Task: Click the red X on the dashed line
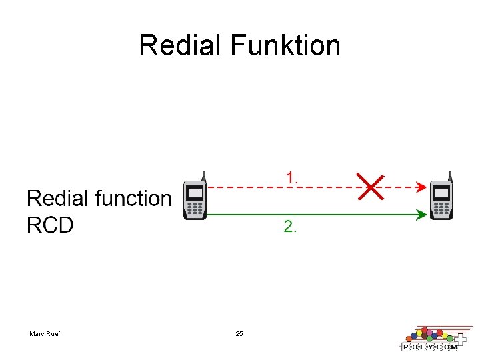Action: tap(370, 187)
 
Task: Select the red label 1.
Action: tap(292, 178)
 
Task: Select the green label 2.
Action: tap(291, 227)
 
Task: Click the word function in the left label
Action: tap(134, 198)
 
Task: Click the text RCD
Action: tap(50, 225)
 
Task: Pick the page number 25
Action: tap(239, 333)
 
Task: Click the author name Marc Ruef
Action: tap(45, 333)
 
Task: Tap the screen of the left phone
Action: tap(195, 193)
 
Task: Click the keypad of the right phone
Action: tap(442, 209)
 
